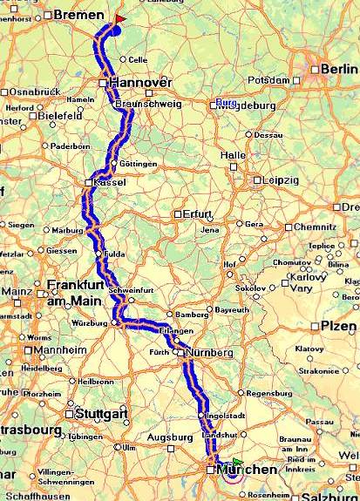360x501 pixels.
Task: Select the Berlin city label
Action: (x=339, y=69)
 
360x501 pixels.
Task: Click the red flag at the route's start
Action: (x=119, y=17)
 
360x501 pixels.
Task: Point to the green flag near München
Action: (x=237, y=462)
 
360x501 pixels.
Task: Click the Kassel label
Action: (x=109, y=182)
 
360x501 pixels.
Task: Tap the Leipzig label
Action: (x=281, y=180)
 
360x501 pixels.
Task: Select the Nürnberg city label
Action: (x=209, y=353)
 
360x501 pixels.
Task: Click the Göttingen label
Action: (x=139, y=163)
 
